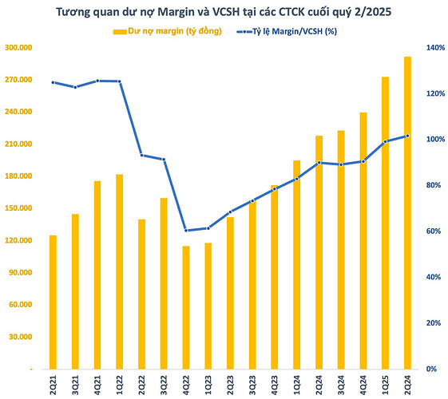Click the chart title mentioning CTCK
coord(224,14)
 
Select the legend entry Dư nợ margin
coord(168,31)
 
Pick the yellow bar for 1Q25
coord(385,223)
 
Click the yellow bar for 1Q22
coord(120,271)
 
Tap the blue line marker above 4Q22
coord(186,231)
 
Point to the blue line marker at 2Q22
coord(142,155)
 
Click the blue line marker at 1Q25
coord(385,141)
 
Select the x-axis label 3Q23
coord(252,382)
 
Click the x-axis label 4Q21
coord(97,382)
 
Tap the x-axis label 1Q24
coord(296,382)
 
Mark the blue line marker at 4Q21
coord(97,81)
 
